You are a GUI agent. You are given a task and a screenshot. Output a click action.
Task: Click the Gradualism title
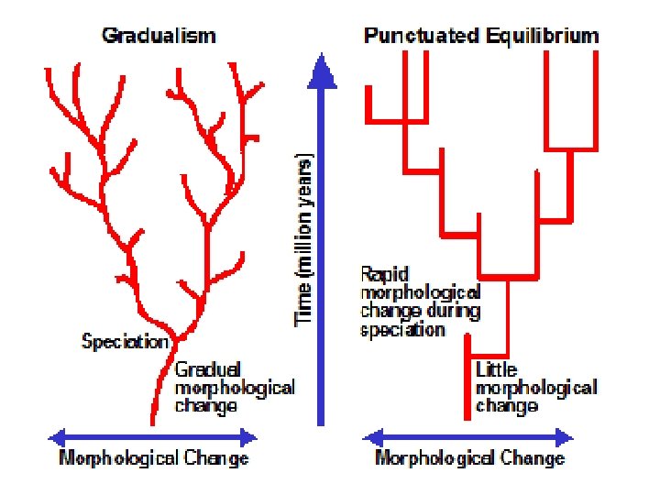tap(159, 37)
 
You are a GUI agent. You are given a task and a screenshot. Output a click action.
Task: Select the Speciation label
tap(126, 342)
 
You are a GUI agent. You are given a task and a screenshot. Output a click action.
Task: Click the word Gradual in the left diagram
tap(208, 369)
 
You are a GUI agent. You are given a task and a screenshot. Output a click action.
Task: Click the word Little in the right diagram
tap(496, 370)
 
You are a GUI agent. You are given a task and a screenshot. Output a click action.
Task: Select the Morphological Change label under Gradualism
tap(153, 457)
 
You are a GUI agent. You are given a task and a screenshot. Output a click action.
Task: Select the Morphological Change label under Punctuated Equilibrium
tap(469, 457)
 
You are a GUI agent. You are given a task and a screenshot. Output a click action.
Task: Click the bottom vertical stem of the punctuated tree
tap(467, 385)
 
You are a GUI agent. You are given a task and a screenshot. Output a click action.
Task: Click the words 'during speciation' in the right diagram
tap(403, 321)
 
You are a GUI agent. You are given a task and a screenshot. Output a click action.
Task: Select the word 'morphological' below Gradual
tap(235, 387)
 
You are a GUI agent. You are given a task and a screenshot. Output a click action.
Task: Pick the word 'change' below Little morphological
tap(507, 405)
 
